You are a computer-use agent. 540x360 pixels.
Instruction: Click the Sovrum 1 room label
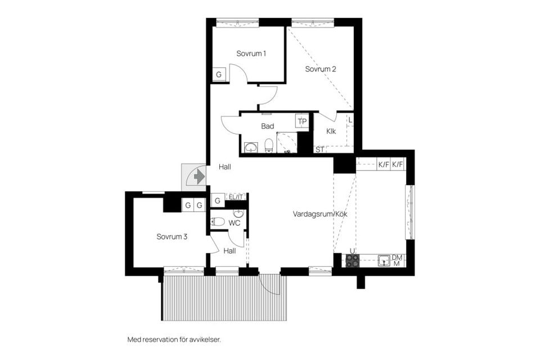[251, 54]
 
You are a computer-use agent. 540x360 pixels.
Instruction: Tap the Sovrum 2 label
[321, 70]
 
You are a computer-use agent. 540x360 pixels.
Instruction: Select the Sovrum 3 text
[172, 237]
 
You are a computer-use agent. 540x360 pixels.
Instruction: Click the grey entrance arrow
[198, 177]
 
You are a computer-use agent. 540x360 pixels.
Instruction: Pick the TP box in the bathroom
[303, 121]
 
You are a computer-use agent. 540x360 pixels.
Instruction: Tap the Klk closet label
[331, 132]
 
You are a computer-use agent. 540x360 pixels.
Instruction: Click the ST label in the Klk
[319, 150]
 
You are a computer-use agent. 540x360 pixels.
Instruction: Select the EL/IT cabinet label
[235, 197]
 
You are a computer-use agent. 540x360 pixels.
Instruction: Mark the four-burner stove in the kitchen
[353, 260]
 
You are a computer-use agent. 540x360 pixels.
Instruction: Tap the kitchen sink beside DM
[384, 260]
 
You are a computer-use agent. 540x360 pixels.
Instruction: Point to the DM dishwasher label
[397, 257]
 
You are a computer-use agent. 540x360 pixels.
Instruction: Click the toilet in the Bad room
[269, 146]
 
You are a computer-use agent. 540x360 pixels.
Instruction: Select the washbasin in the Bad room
[250, 147]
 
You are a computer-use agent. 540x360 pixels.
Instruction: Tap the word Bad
[267, 127]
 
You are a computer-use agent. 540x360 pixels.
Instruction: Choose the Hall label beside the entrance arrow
[225, 167]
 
